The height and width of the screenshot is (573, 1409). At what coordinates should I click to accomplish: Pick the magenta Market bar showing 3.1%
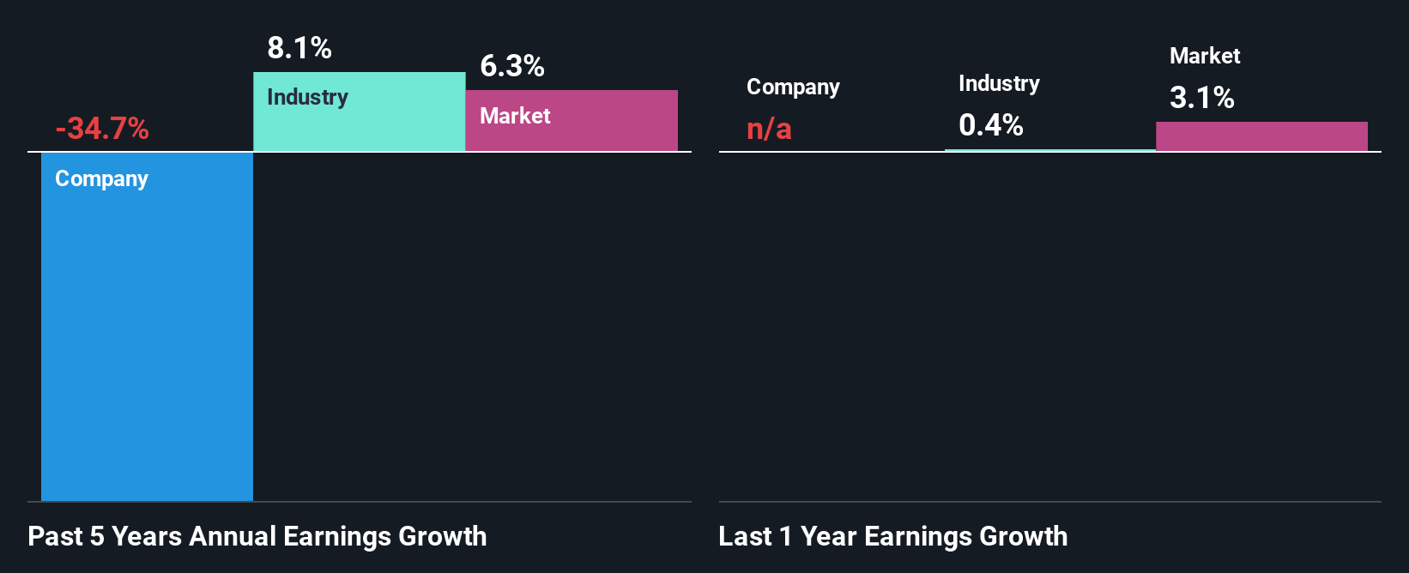point(1261,136)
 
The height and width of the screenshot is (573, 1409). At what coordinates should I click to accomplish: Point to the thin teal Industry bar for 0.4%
point(1049,150)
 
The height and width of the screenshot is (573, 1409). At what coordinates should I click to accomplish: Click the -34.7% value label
point(102,129)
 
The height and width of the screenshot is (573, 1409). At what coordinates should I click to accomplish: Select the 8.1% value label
point(299,48)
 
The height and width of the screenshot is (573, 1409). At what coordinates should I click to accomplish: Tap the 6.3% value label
point(512,66)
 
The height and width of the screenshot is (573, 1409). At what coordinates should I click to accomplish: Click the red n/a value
point(769,129)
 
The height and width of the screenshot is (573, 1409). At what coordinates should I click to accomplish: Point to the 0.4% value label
point(991,125)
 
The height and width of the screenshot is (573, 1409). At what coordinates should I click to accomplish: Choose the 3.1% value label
point(1202,98)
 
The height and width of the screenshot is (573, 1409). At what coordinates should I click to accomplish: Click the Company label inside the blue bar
point(101,178)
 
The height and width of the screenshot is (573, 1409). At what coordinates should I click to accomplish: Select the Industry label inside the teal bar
point(307,97)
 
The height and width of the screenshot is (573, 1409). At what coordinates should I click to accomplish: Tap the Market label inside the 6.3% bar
point(515,116)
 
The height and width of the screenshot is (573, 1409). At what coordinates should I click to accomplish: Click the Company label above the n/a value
point(793,87)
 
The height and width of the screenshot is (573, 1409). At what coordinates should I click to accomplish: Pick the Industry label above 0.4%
point(999,83)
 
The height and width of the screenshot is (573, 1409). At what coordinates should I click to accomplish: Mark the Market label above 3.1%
point(1205,56)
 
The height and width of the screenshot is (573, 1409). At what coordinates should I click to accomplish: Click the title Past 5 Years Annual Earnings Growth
point(257,536)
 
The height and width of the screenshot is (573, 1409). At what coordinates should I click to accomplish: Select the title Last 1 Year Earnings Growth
point(892,536)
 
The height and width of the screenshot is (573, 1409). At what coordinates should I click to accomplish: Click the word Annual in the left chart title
point(233,536)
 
